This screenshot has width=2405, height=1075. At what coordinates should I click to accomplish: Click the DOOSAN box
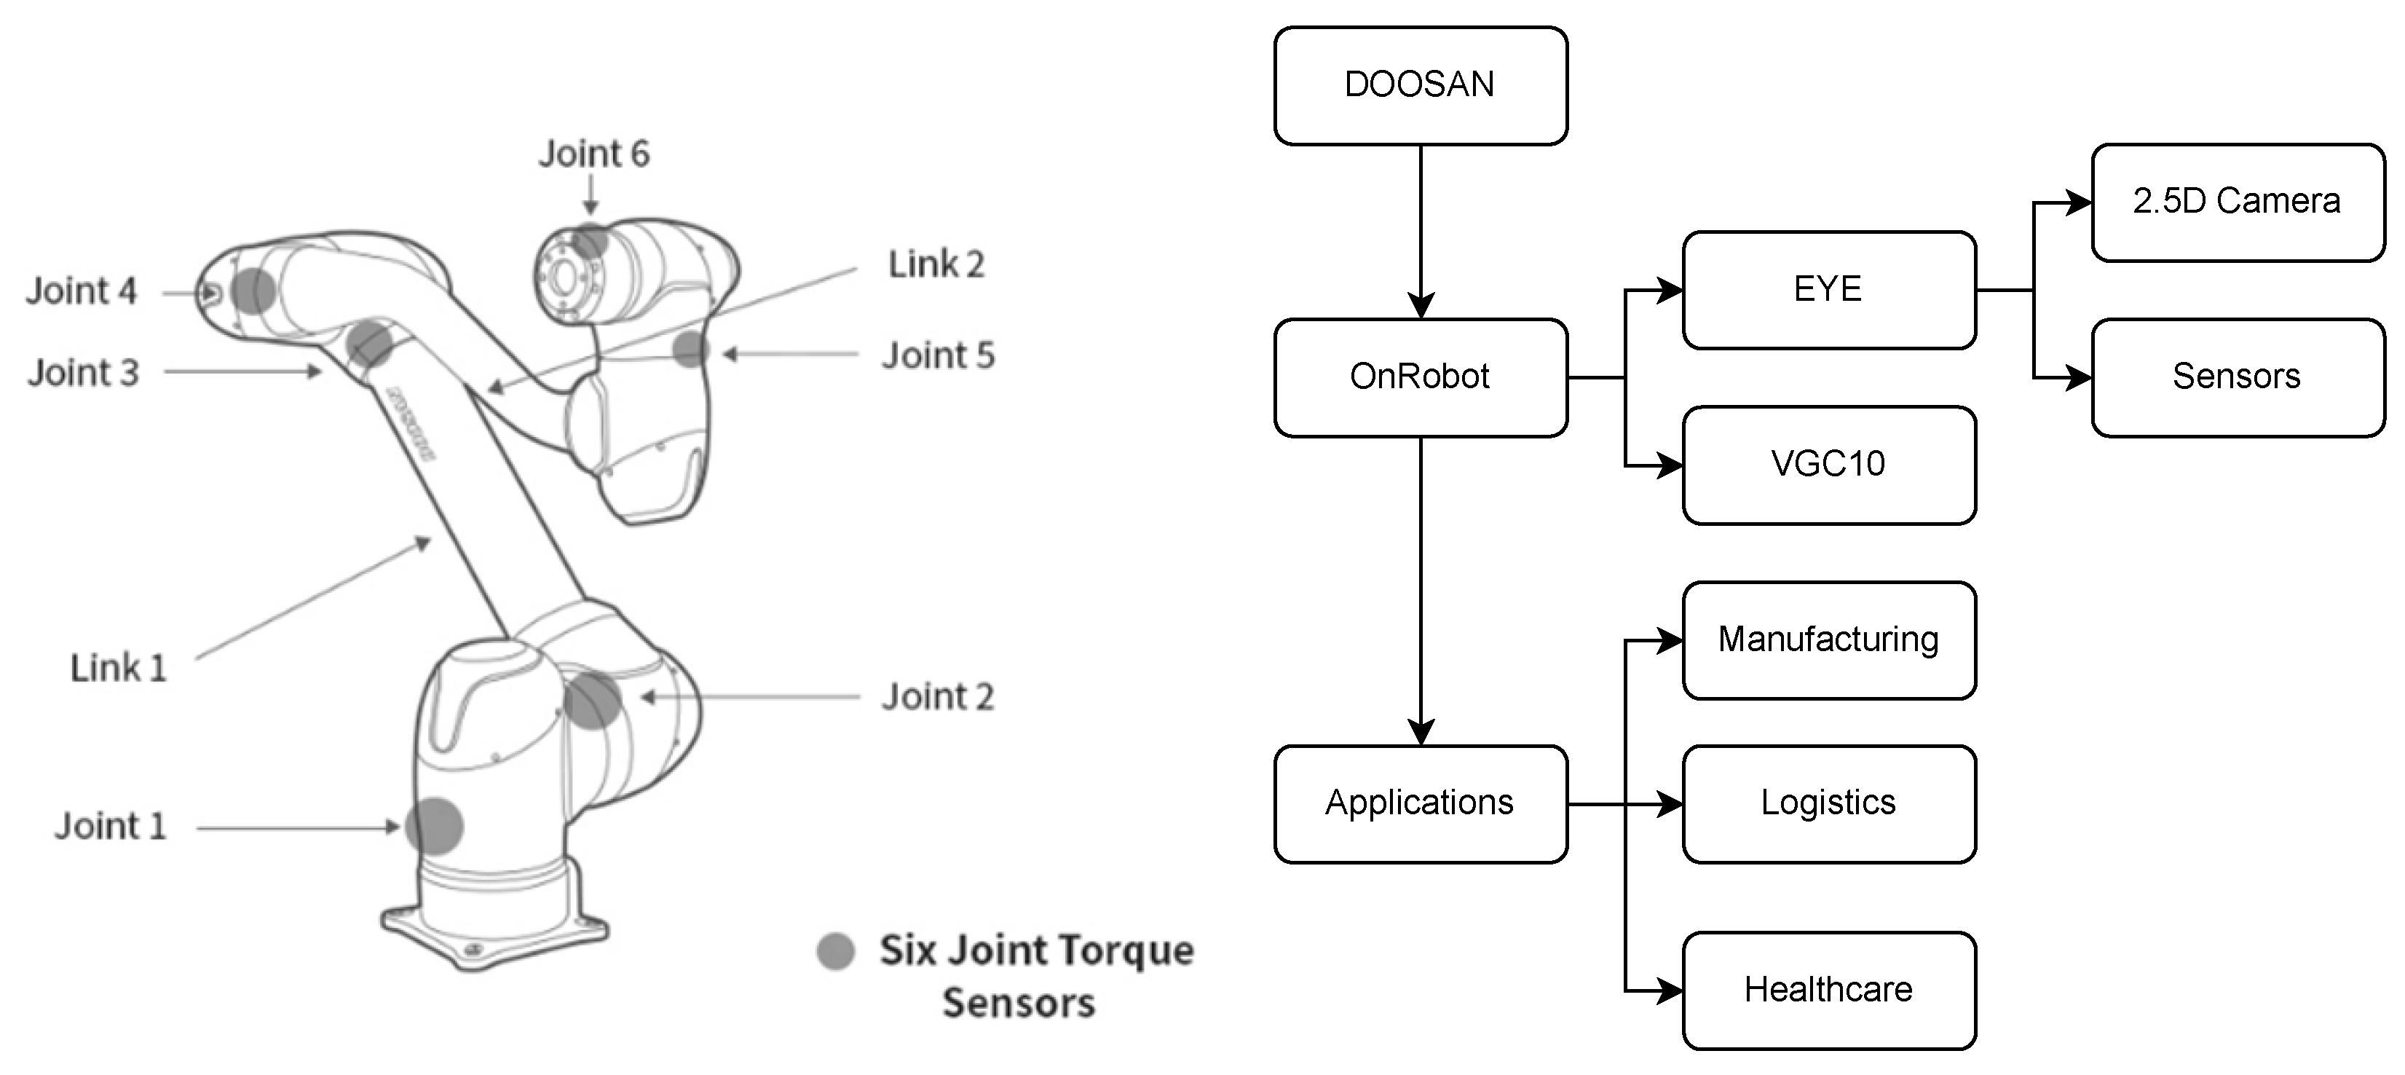1420,86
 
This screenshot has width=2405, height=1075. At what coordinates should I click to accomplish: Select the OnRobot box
1420,377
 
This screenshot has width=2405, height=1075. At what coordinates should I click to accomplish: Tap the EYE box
1828,290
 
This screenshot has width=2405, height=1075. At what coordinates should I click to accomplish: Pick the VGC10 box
1828,464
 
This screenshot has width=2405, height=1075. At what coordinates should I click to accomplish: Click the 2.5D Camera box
2237,202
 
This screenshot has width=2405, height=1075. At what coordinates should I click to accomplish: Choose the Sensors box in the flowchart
2237,377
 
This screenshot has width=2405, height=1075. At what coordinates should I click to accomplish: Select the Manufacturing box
1828,639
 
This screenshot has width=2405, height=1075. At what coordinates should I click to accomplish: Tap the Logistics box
1828,803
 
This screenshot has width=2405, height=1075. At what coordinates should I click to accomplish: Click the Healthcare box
1828,990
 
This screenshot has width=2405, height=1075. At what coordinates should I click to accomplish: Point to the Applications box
1420,803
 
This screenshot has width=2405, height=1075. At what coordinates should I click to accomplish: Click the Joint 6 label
593,154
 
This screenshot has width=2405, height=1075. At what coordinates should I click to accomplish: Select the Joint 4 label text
82,291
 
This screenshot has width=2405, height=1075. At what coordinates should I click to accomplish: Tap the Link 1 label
119,669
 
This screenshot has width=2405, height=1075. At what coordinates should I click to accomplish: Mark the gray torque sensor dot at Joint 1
434,826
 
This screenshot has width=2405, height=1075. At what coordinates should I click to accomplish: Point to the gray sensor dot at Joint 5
691,350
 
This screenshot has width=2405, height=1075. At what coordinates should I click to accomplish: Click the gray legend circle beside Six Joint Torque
836,950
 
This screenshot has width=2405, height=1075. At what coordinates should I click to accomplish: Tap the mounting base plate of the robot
495,939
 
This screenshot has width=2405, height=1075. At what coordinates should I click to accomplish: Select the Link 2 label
936,265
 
